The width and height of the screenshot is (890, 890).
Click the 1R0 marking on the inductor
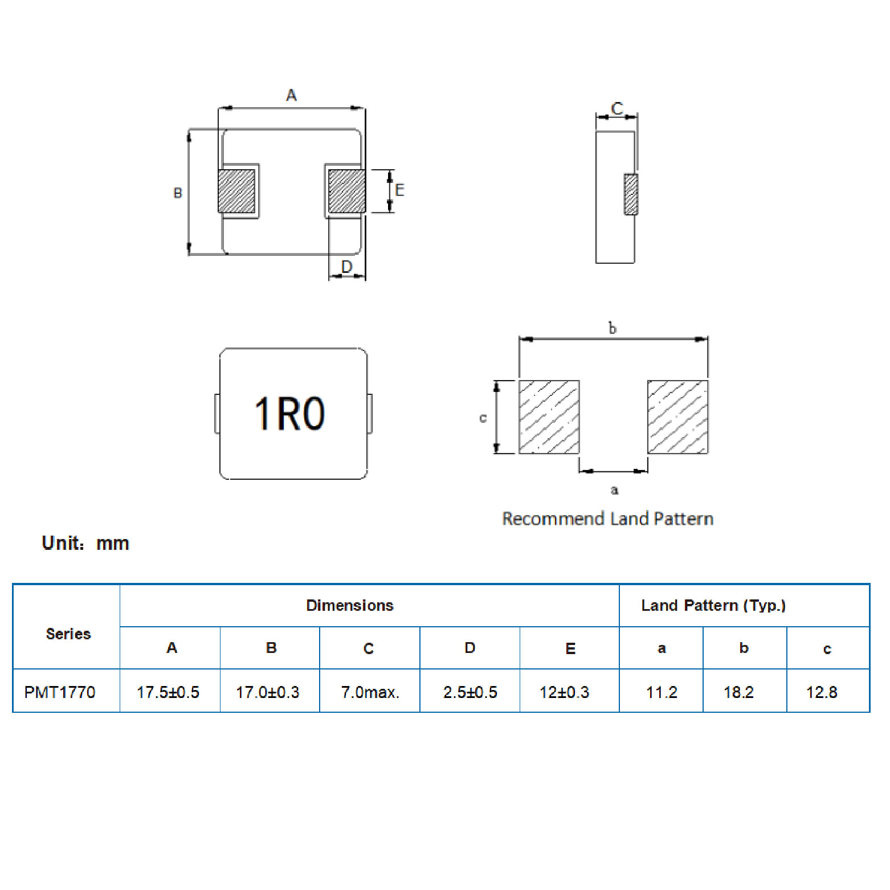289,413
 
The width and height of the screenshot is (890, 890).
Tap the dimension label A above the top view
291,95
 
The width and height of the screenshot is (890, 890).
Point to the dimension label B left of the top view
178,193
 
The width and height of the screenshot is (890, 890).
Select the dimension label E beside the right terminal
399,190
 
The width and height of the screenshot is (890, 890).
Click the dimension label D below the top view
346,267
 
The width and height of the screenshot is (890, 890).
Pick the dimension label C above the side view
617,108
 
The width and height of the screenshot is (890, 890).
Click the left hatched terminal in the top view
236,191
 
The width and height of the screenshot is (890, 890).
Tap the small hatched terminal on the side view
631,194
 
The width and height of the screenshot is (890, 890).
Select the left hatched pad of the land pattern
549,417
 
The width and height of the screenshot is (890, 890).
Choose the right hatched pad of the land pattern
677,417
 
